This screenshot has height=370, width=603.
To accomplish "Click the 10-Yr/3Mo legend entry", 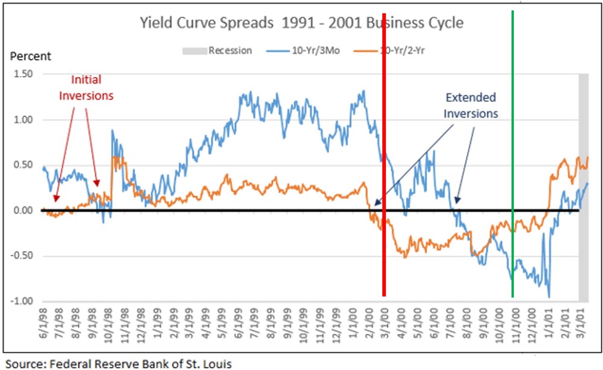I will pyautogui.click(x=303, y=51).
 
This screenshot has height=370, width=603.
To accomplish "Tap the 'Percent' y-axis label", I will pyautogui.click(x=30, y=56).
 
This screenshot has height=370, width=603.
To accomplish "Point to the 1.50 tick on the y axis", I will pyautogui.click(x=23, y=74).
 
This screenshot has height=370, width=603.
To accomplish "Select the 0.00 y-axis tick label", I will pyautogui.click(x=23, y=211).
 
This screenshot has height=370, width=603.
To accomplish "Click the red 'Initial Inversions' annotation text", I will pyautogui.click(x=86, y=88).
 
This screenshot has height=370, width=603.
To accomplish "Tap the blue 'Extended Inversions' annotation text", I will pyautogui.click(x=471, y=105).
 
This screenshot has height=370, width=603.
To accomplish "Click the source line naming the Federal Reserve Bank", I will pyautogui.click(x=118, y=364).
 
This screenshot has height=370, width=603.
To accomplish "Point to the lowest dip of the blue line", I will pyautogui.click(x=549, y=296).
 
